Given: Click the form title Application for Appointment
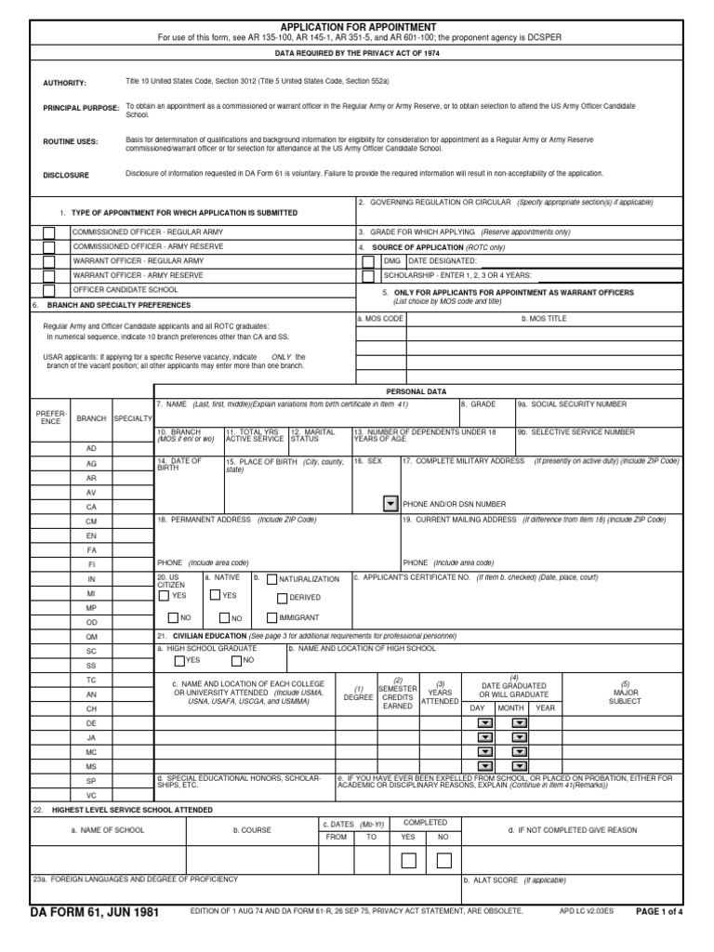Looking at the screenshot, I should coord(357,28).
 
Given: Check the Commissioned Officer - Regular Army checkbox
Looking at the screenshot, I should coord(49,231).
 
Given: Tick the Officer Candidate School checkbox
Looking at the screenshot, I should coord(49,291).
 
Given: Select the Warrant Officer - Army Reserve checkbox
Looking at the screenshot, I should coord(49,276).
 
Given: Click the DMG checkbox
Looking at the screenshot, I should coord(368,261).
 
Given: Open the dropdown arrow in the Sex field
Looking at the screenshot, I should coord(390,503).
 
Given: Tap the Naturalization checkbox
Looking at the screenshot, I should coord(271,579).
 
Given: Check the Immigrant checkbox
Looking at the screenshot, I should coord(271,617).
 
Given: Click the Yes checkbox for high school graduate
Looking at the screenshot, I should coord(179,661).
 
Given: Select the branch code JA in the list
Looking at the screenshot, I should coord(91,737).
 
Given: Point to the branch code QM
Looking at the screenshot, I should coord(91,636).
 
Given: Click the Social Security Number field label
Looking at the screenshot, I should coord(578,404).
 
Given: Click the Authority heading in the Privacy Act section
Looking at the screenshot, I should coord(64,84).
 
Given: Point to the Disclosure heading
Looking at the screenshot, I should coord(66,175).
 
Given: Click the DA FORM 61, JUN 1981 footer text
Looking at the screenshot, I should coord(95,912).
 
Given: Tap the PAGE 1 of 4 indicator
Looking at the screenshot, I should coord(659,912).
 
